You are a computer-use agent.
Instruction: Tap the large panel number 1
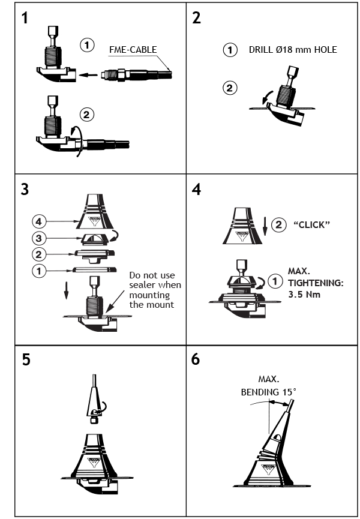point(25,18)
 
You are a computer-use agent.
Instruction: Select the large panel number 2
point(196,18)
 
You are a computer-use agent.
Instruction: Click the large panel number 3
point(25,189)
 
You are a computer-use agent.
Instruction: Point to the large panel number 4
point(197,189)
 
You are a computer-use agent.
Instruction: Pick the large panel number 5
point(25,360)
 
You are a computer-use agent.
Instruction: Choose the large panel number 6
point(197,360)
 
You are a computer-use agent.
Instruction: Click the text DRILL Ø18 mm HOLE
point(293,50)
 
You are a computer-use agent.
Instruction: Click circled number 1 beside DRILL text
point(230,50)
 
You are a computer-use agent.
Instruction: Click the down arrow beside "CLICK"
point(264,228)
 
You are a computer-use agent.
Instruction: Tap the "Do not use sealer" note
point(155,290)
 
